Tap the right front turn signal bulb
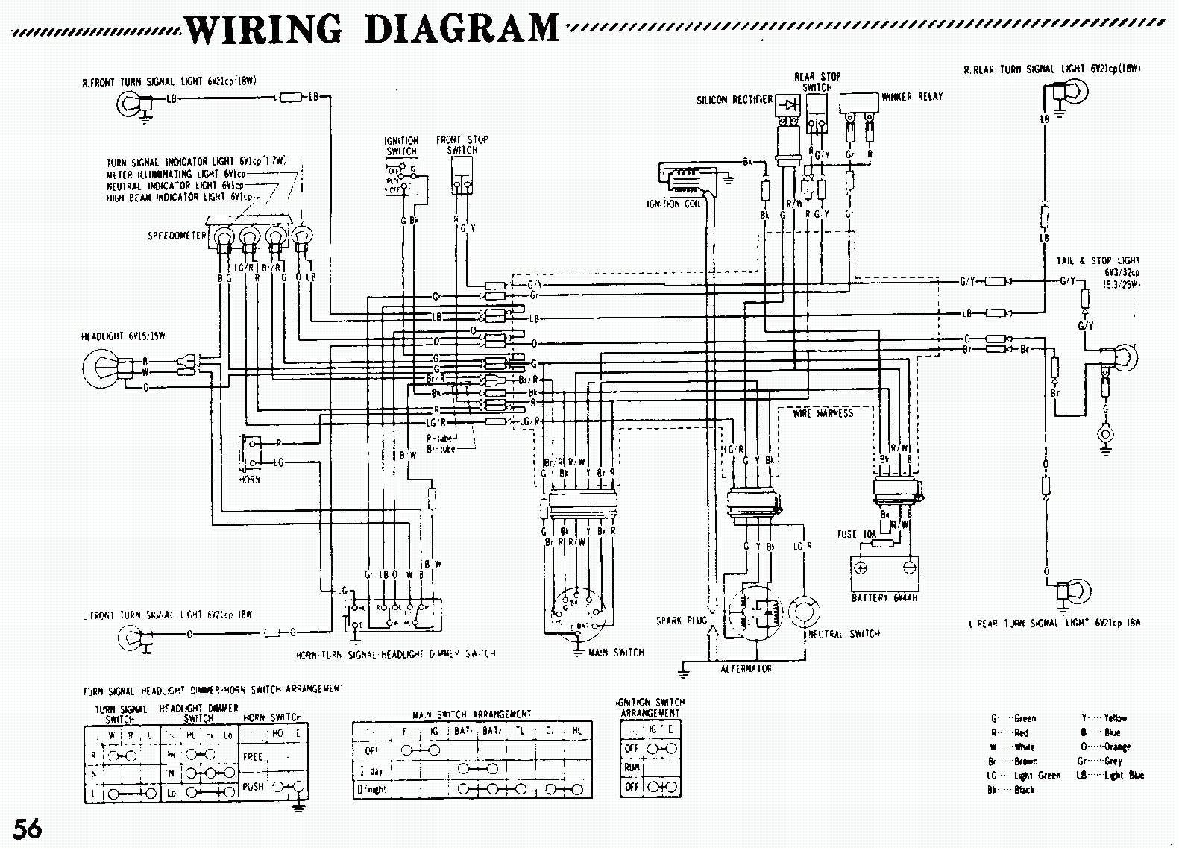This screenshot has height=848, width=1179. pyautogui.click(x=129, y=103)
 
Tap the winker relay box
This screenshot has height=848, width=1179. pyautogui.click(x=859, y=104)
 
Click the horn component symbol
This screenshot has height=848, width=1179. pyautogui.click(x=247, y=452)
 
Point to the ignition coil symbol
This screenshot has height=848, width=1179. pyautogui.click(x=681, y=180)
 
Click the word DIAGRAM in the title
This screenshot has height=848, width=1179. pyautogui.click(x=462, y=30)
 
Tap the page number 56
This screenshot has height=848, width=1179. pyautogui.click(x=27, y=827)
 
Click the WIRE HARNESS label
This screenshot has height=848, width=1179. pyautogui.click(x=823, y=413)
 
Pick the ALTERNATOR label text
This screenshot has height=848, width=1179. pyautogui.click(x=746, y=669)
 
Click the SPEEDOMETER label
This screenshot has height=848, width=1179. pyautogui.click(x=177, y=236)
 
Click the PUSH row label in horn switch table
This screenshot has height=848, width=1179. pyautogui.click(x=253, y=786)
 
